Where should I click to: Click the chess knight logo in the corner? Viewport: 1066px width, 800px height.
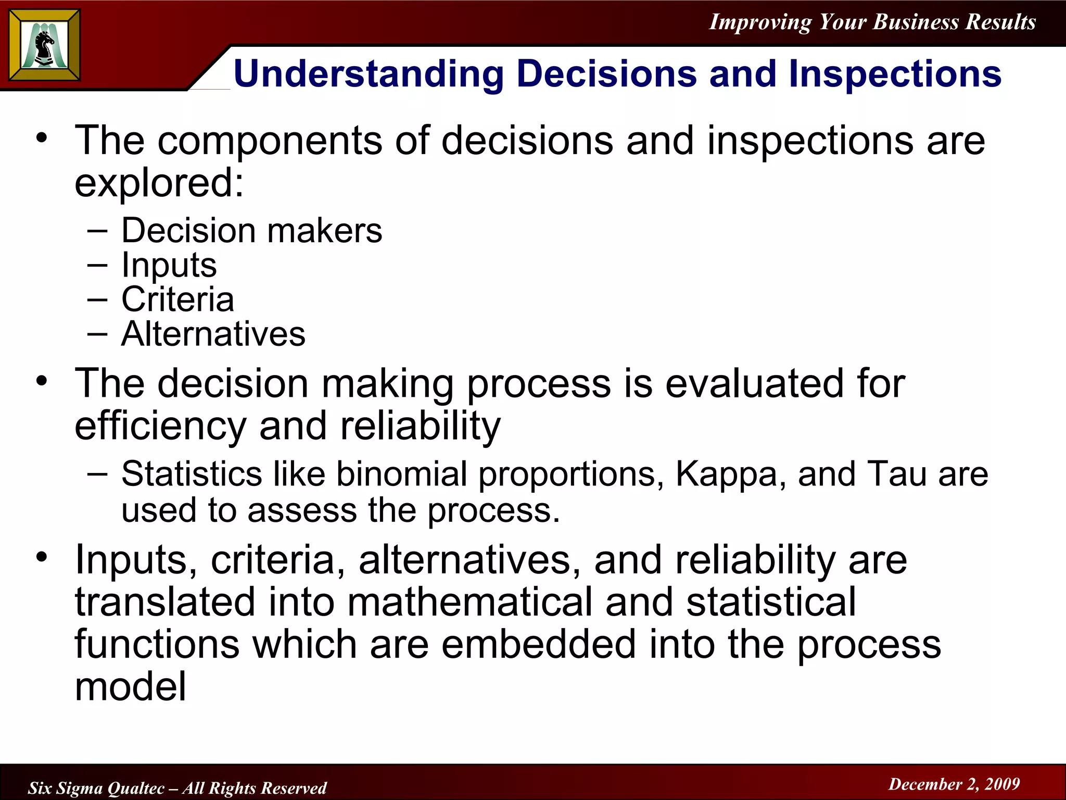click(45, 46)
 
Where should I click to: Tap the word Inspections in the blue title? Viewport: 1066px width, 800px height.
click(894, 74)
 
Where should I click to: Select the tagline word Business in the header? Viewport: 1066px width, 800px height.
click(916, 22)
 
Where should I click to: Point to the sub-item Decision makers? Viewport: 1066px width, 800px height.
click(251, 230)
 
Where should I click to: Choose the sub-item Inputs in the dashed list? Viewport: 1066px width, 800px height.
click(169, 265)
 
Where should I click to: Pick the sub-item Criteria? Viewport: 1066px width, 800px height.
click(177, 299)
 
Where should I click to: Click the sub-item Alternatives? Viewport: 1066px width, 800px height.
click(213, 334)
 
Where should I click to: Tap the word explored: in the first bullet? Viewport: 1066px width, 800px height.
click(159, 183)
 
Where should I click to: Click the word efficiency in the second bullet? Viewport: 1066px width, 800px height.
click(160, 426)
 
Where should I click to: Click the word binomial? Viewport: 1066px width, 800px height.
click(401, 474)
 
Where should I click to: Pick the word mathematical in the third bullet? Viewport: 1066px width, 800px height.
click(469, 602)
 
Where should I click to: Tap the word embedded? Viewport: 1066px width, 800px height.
click(538, 644)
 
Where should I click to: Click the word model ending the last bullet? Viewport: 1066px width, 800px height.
click(130, 686)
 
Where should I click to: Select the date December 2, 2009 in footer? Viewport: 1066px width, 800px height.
click(954, 784)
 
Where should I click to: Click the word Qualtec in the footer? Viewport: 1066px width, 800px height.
click(136, 788)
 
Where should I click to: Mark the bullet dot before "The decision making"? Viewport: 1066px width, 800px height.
click(42, 381)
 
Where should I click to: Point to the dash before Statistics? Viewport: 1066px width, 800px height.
click(97, 473)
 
